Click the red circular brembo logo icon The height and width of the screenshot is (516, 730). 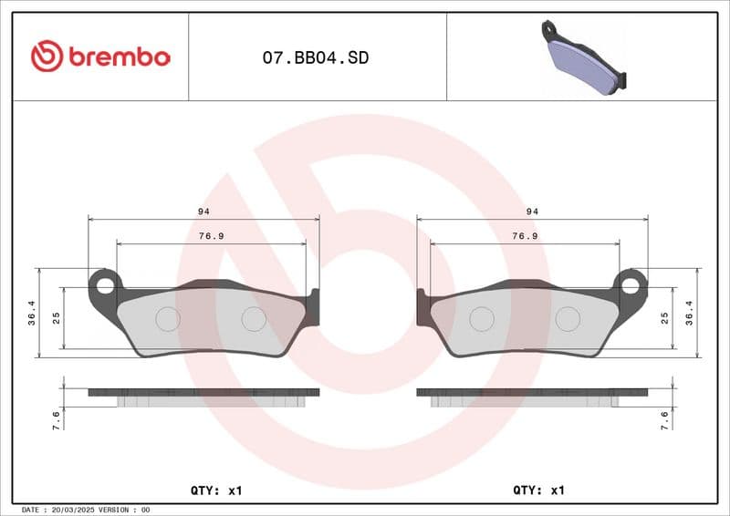pyautogui.click(x=47, y=57)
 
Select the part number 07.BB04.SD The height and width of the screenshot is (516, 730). pyautogui.click(x=316, y=57)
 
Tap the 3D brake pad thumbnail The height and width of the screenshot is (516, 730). pyautogui.click(x=584, y=57)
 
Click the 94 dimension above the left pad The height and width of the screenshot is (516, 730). pyautogui.click(x=202, y=211)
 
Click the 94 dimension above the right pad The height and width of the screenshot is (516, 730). pyautogui.click(x=532, y=211)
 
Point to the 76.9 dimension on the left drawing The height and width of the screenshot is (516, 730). pyautogui.click(x=211, y=235)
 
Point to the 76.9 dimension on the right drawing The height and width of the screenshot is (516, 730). pyautogui.click(x=524, y=235)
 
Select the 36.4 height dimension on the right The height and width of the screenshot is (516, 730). pyautogui.click(x=691, y=313)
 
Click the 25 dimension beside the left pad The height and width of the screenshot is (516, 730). pyautogui.click(x=56, y=318)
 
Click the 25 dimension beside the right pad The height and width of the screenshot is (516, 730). pyautogui.click(x=665, y=318)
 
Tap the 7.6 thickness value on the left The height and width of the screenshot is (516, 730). pyautogui.click(x=57, y=419)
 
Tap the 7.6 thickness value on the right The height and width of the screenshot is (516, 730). pyautogui.click(x=665, y=419)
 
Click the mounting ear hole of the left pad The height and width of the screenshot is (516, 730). pyautogui.click(x=105, y=284)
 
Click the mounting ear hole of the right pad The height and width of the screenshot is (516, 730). pyautogui.click(x=630, y=284)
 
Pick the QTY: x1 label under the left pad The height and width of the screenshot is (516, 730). pyautogui.click(x=216, y=490)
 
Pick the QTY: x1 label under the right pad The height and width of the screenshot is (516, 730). pyautogui.click(x=539, y=490)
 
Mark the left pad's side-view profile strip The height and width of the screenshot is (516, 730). pyautogui.click(x=203, y=393)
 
